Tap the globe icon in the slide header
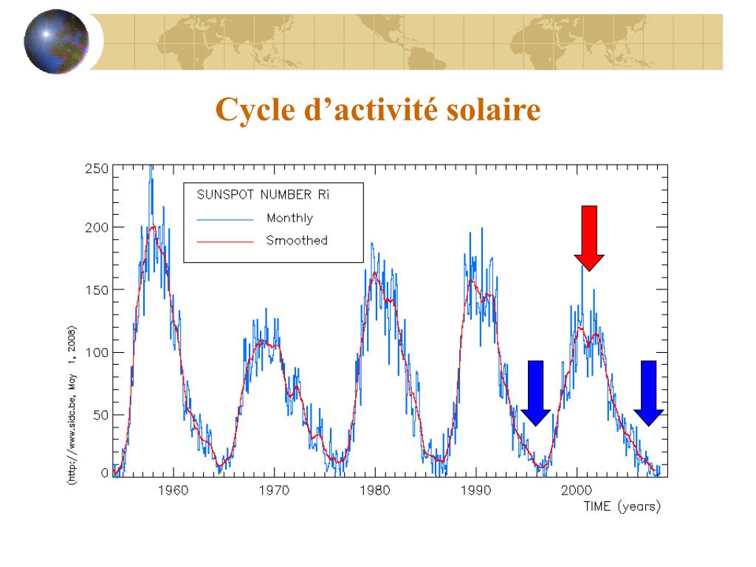coord(56,42)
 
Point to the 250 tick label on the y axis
coord(97,168)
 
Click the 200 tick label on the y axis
coord(97,227)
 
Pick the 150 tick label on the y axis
coord(97,289)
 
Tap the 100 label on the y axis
coord(97,352)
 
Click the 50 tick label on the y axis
coord(100,414)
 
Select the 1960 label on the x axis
coord(173,489)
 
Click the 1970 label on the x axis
coord(274,489)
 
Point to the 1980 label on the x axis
coord(375,489)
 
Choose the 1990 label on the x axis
coord(476,489)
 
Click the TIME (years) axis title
coord(622,506)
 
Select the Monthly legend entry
coord(289,218)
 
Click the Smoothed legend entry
coord(297,240)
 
